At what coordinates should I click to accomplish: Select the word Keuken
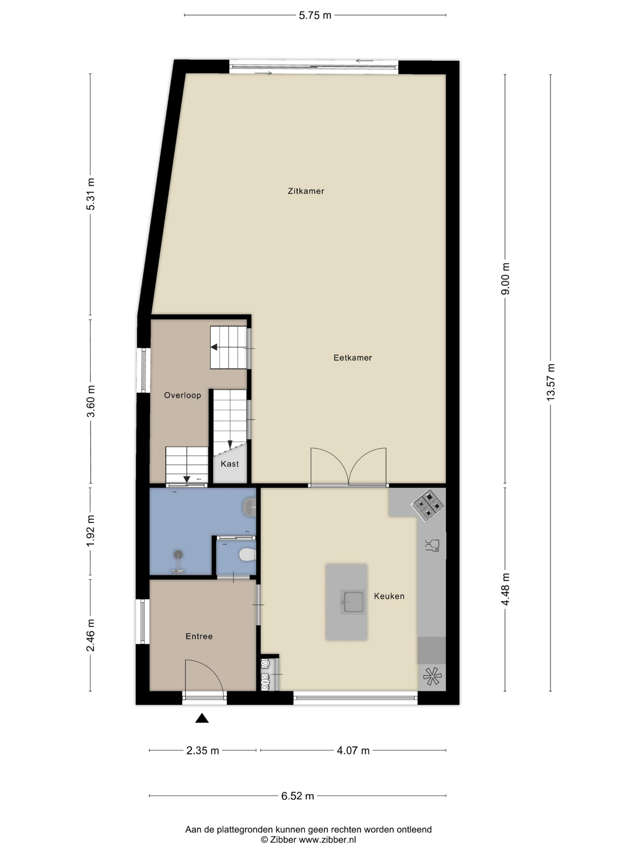tap(389, 596)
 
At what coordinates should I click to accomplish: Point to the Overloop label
tap(182, 395)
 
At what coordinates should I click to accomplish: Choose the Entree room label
tap(199, 636)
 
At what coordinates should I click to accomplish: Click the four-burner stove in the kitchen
tap(428, 505)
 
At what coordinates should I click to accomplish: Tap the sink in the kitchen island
tap(352, 601)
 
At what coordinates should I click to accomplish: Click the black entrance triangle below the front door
tap(202, 718)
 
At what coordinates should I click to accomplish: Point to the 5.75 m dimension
tap(315, 15)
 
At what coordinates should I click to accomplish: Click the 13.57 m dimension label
tap(551, 382)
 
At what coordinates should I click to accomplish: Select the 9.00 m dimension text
tap(505, 279)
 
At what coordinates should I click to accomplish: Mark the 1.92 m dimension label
tap(90, 531)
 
